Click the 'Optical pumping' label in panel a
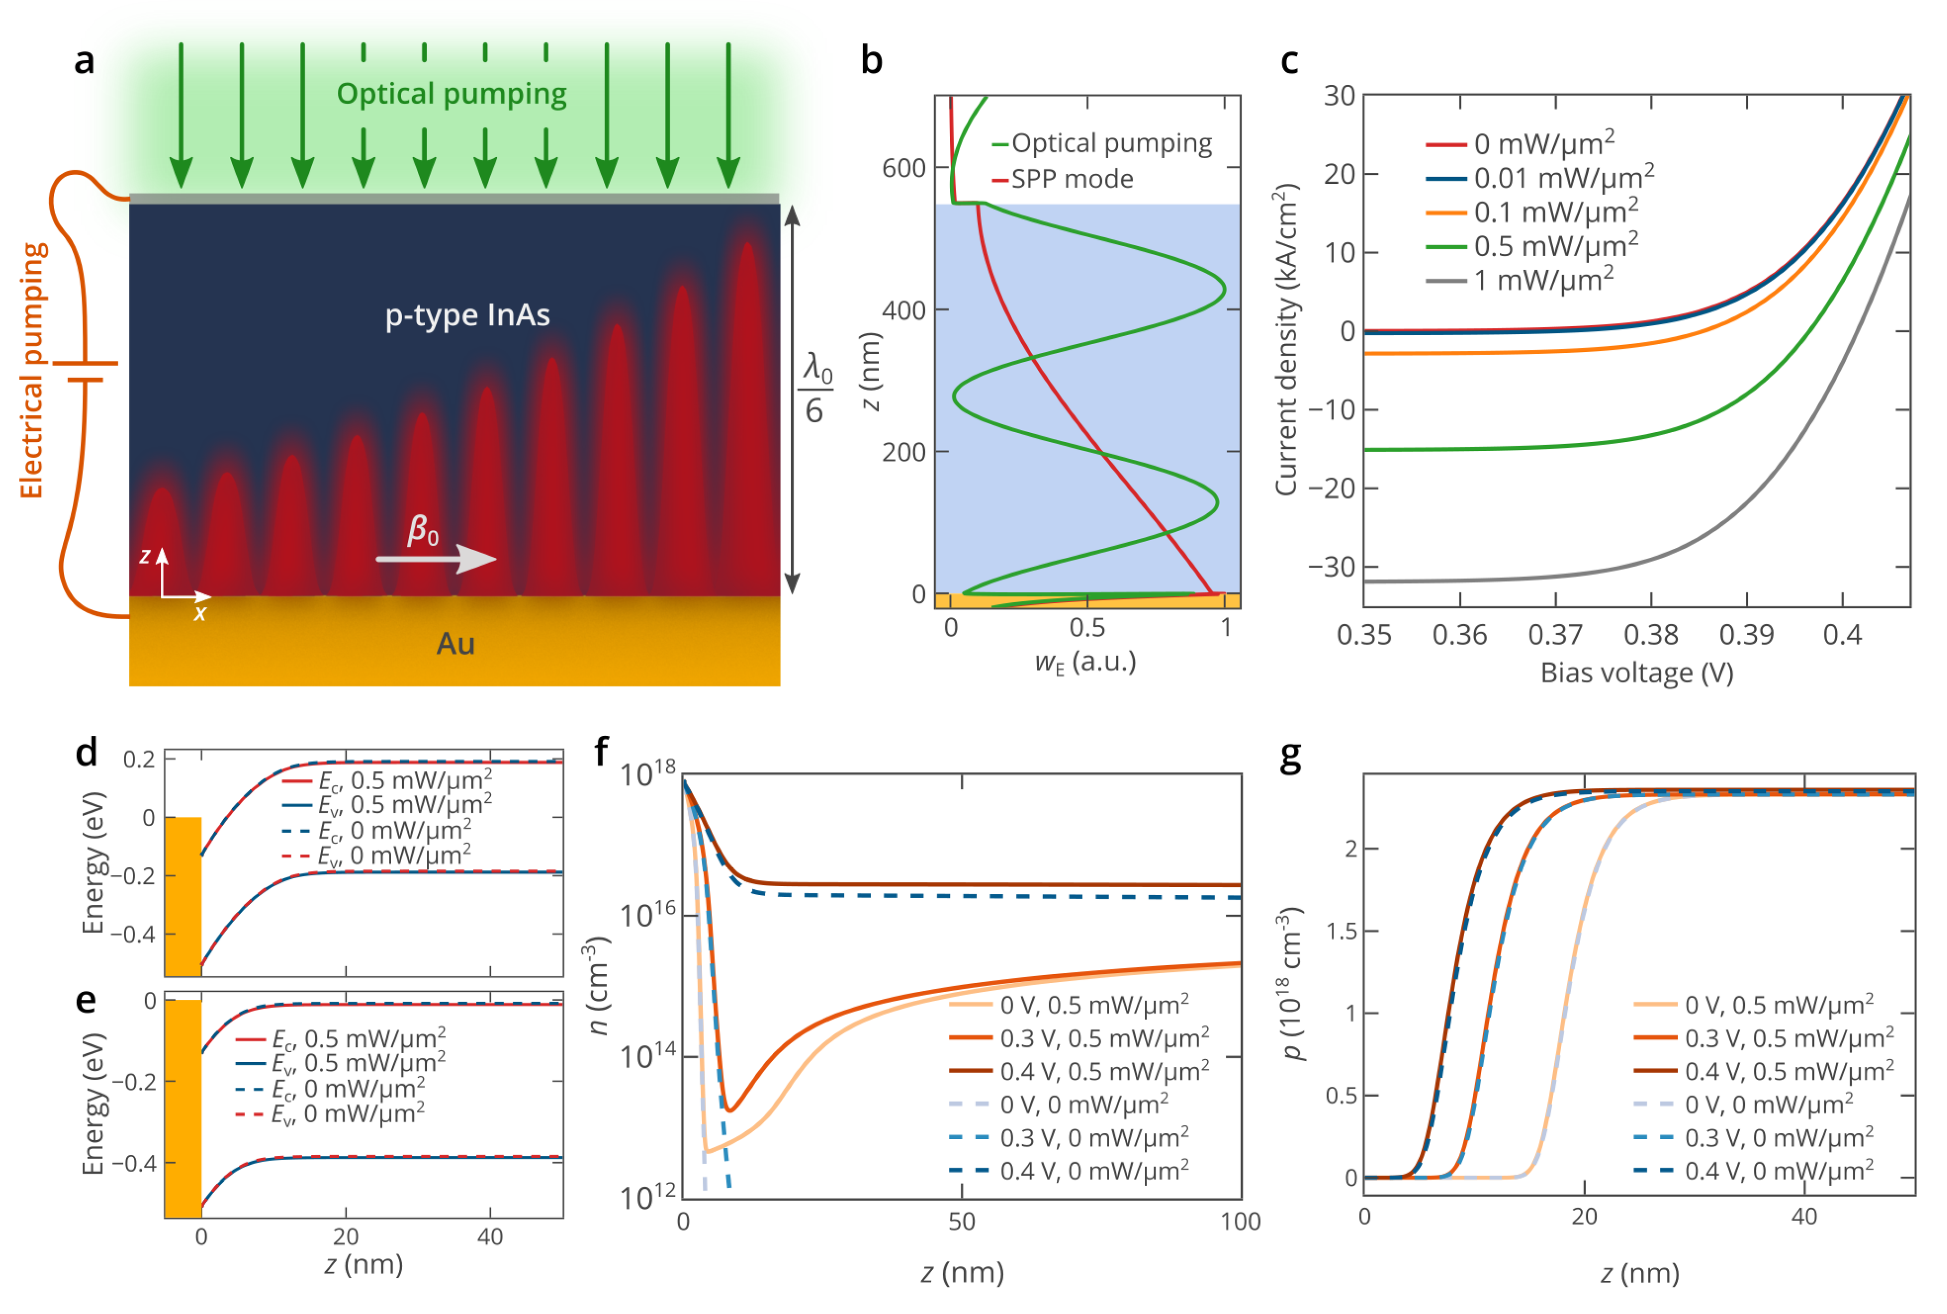click(x=451, y=94)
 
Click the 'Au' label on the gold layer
click(x=455, y=644)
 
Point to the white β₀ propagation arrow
click(x=436, y=558)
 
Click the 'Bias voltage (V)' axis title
click(x=1636, y=673)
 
